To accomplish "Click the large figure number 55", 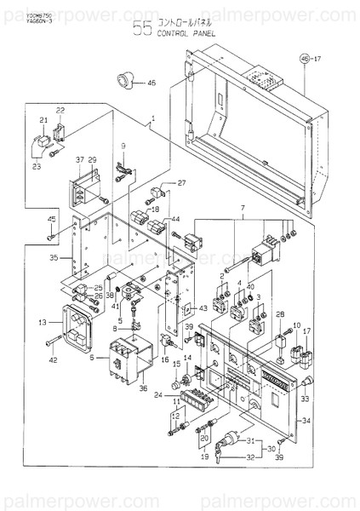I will [x=142, y=30].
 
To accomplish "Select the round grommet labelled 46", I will [x=125, y=83].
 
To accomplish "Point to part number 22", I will [x=60, y=111].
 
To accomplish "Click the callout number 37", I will [x=80, y=160].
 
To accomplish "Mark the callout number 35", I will [x=54, y=255].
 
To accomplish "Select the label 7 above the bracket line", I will [x=242, y=209].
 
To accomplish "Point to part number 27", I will [x=180, y=183].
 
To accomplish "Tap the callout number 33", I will [x=305, y=399].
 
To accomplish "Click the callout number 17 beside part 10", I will [x=306, y=332].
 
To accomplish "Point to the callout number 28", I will [x=279, y=315].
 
